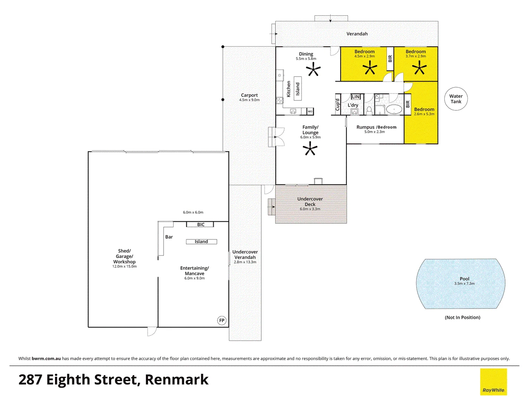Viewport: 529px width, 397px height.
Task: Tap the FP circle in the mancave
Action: coord(222,320)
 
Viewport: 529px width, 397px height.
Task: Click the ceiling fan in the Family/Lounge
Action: coord(310,148)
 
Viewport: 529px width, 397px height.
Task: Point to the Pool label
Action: coord(465,279)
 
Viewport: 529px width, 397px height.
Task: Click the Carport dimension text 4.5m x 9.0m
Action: coord(250,100)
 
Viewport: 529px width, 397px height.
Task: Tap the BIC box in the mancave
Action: coord(200,225)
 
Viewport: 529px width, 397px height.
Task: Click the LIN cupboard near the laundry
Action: coord(356,97)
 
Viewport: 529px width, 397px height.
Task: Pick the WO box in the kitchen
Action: coord(310,111)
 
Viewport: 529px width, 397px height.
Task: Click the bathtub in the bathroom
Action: coord(394,110)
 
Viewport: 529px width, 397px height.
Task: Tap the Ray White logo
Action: coord(493,382)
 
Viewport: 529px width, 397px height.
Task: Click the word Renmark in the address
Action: coord(176,379)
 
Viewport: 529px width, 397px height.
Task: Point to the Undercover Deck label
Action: coord(310,201)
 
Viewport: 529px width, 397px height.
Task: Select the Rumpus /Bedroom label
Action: coord(376,127)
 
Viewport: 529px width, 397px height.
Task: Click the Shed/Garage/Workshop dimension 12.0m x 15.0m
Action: coord(124,266)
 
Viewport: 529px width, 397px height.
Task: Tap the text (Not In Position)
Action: coord(462,318)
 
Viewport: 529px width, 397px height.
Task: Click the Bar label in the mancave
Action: coord(169,237)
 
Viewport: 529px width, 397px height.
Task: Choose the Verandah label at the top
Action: coord(357,34)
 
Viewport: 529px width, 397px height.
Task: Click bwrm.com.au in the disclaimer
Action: coord(46,359)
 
